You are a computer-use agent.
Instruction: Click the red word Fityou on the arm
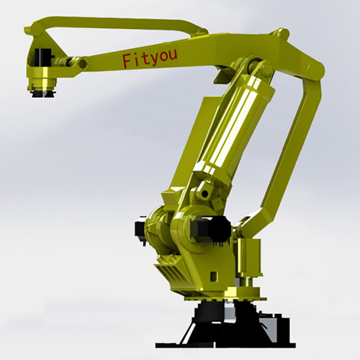150,58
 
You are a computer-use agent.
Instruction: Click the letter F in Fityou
127,60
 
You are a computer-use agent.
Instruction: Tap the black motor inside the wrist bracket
42,57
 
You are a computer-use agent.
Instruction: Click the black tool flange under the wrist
43,93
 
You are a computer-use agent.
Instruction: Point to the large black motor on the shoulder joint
211,228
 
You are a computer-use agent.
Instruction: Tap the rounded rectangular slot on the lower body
212,276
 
